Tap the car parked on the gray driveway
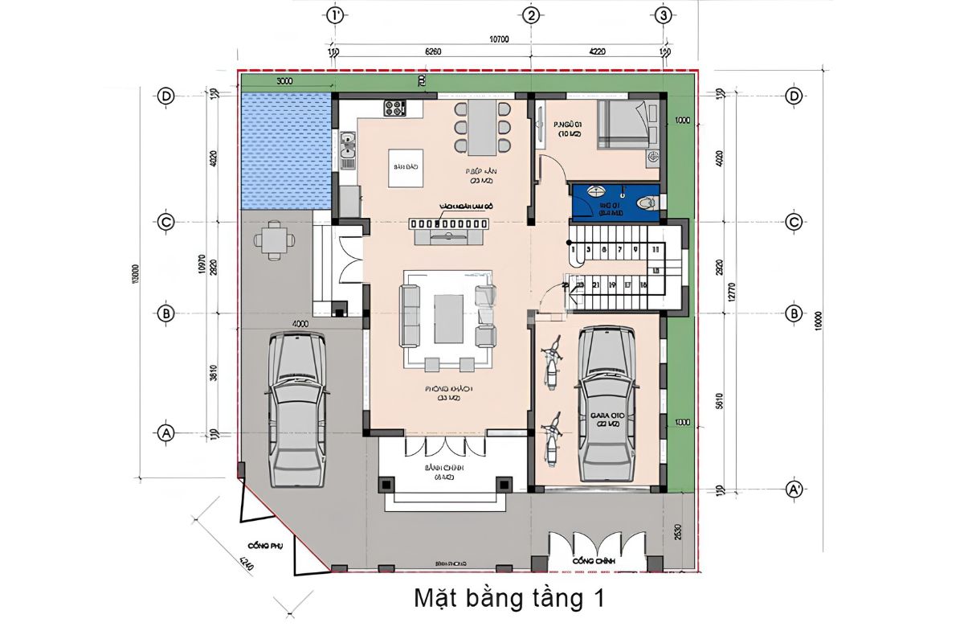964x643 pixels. coord(296,409)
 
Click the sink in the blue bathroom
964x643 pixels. coord(596,193)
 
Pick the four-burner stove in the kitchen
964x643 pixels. coord(395,107)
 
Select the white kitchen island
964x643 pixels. coord(406,168)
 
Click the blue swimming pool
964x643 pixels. coord(287,149)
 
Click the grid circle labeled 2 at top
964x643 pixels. coord(530,14)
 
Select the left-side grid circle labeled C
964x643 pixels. coord(166,222)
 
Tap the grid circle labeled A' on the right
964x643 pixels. coord(794,489)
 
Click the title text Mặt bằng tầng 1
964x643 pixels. coord(508,599)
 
